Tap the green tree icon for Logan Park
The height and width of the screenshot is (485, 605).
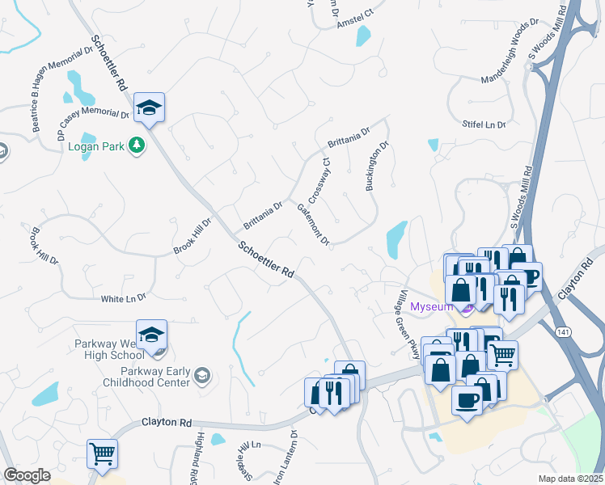[138, 145]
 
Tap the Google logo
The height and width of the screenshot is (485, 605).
[27, 475]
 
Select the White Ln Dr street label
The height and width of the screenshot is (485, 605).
[124, 299]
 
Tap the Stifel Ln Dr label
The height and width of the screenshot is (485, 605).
[484, 124]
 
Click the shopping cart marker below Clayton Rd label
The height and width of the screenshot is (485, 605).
[103, 453]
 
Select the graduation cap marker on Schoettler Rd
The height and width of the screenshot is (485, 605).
[149, 108]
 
